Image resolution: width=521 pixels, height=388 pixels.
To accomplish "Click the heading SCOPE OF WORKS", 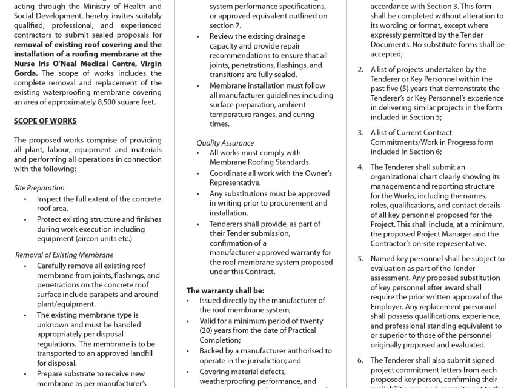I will point(45,121).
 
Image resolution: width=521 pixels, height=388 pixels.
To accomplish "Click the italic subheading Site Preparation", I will point(39,188).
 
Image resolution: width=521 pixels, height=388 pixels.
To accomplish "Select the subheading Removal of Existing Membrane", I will point(64,255).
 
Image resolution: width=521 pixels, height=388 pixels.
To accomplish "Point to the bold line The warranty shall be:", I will point(225,290).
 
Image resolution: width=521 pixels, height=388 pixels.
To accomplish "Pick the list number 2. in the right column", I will point(360,70).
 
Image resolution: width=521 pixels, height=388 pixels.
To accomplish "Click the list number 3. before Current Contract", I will point(360,132).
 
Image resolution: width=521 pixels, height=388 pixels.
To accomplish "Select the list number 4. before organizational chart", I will point(360,167).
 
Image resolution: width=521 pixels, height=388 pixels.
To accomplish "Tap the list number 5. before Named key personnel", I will point(360,258).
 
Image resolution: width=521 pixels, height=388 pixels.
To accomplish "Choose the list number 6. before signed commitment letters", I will point(360,360).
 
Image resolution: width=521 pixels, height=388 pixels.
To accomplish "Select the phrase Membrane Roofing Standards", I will point(260,162).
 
